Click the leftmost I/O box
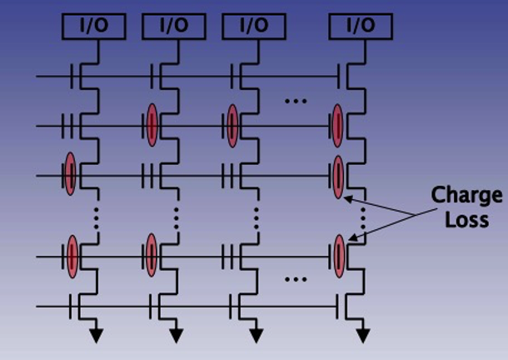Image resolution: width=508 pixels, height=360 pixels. click(x=94, y=26)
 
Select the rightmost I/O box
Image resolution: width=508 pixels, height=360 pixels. click(x=360, y=26)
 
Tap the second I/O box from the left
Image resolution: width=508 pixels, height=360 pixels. click(x=173, y=26)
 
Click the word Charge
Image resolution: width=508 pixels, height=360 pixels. click(x=466, y=197)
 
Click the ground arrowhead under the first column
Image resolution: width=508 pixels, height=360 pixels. click(x=97, y=336)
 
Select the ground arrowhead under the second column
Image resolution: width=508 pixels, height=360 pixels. click(x=176, y=336)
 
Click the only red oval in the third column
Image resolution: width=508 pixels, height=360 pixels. click(x=232, y=125)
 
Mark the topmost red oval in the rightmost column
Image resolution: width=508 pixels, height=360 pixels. click(x=338, y=125)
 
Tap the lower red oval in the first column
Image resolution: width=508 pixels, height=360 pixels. click(x=72, y=255)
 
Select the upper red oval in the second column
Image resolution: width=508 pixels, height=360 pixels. click(x=152, y=125)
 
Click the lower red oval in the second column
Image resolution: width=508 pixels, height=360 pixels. click(x=152, y=255)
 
